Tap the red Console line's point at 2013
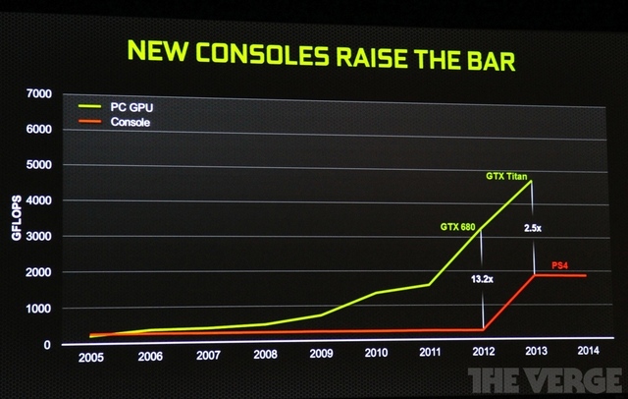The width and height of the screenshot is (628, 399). tap(534, 274)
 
